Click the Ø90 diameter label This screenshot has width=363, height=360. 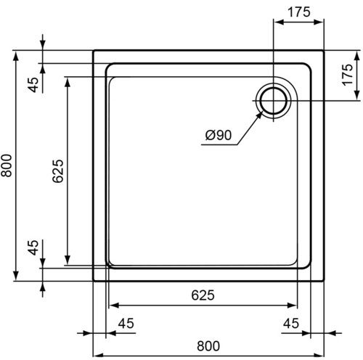pyautogui.click(x=219, y=135)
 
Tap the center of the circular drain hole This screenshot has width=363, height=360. pyautogui.click(x=274, y=101)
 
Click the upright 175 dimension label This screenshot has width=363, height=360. pyautogui.click(x=298, y=12)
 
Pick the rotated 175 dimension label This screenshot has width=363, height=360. pyautogui.click(x=348, y=75)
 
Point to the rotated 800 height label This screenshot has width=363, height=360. pyautogui.click(x=7, y=165)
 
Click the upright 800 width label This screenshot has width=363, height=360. pyautogui.click(x=208, y=346)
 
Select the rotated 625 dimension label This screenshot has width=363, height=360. pyautogui.click(x=58, y=171)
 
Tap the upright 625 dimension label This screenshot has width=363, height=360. pyautogui.click(x=203, y=295)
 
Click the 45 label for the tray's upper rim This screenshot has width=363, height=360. pyautogui.click(x=34, y=85)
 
